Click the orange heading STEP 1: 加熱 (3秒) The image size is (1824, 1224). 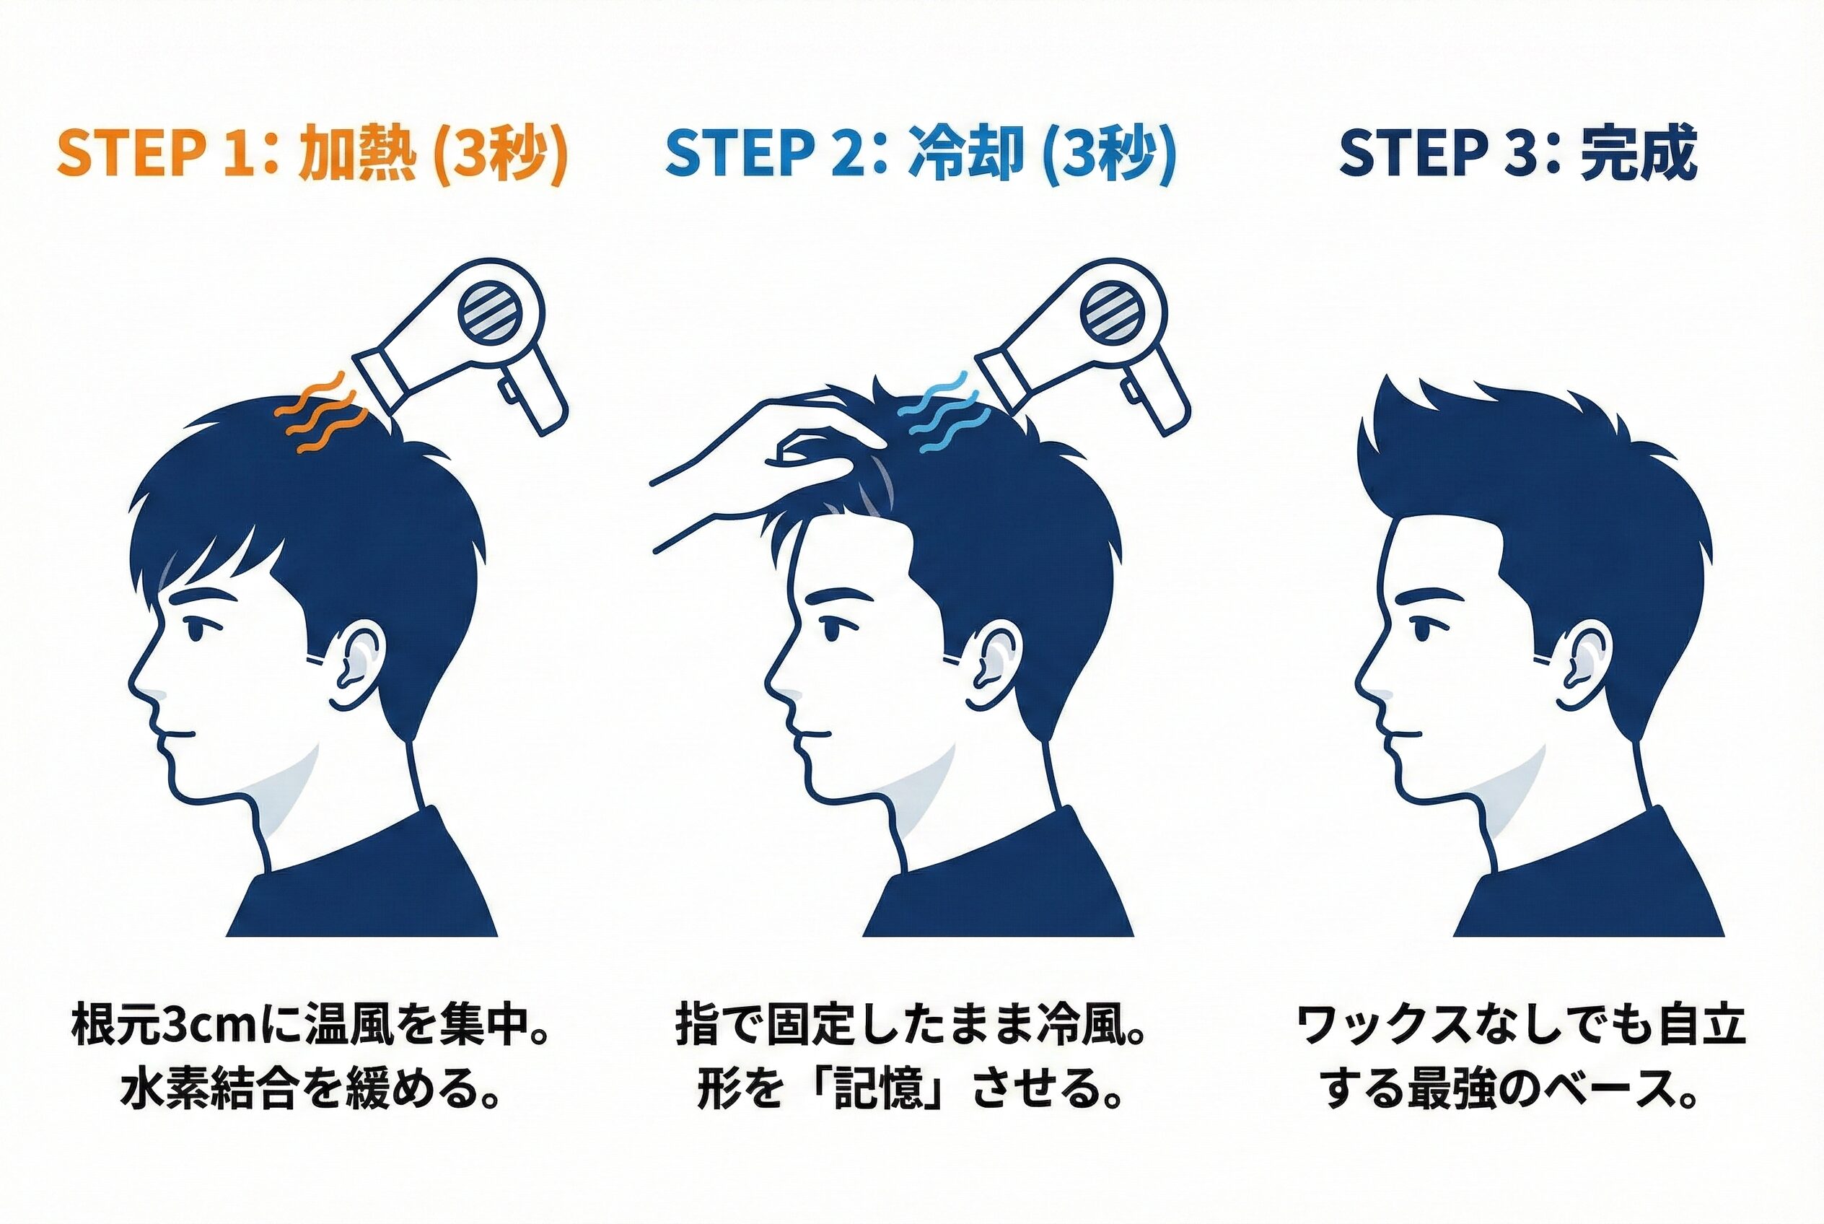tap(312, 154)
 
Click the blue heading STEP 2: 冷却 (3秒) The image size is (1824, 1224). tap(920, 154)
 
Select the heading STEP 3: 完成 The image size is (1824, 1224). tap(1518, 154)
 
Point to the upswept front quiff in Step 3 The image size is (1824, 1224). tap(1405, 437)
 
